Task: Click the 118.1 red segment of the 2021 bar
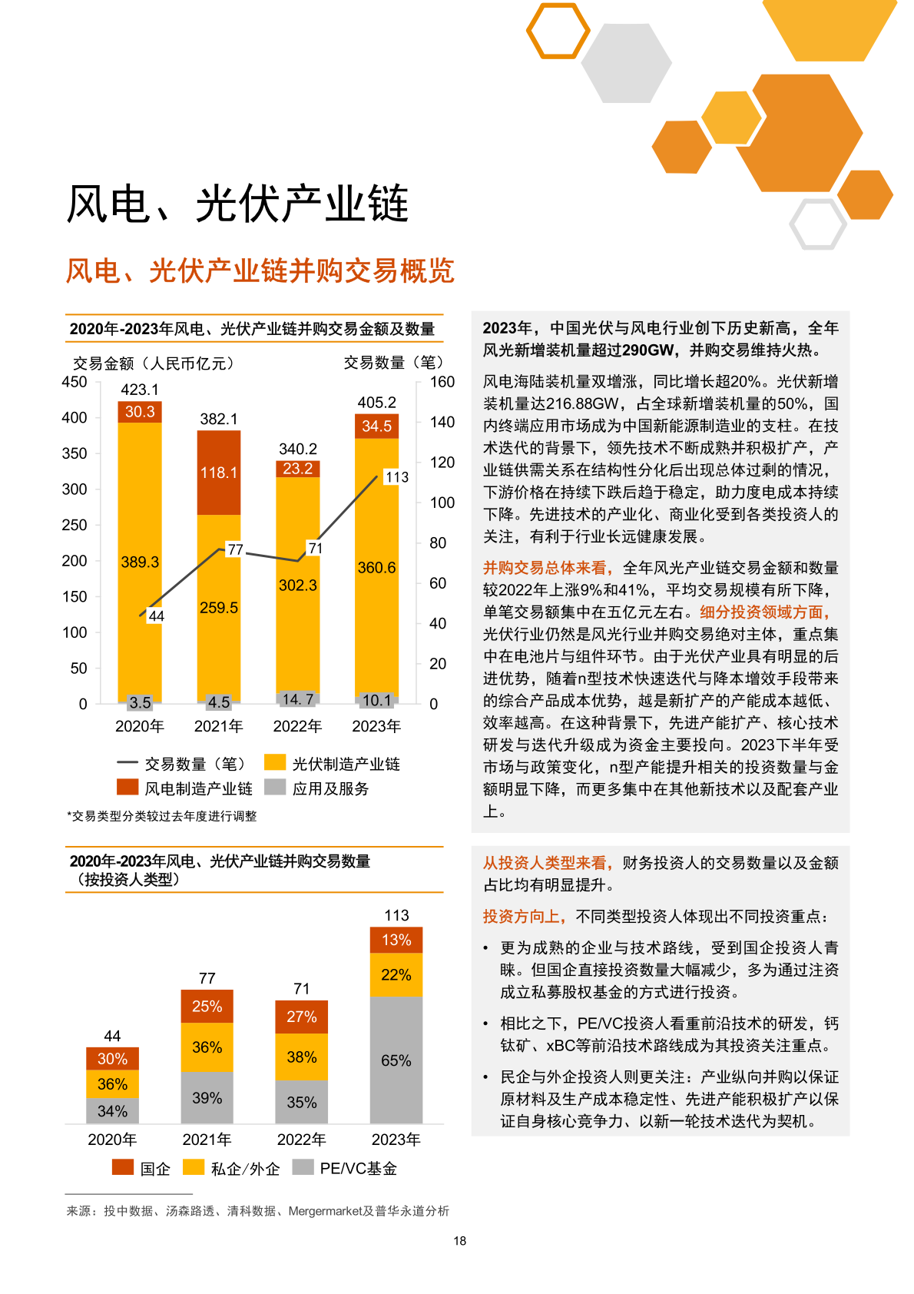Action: (x=219, y=473)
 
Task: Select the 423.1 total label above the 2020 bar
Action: (x=140, y=390)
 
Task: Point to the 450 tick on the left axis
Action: (x=75, y=382)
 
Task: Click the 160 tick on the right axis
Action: (x=442, y=382)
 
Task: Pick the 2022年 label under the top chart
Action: (x=297, y=726)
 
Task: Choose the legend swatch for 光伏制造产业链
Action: (x=275, y=762)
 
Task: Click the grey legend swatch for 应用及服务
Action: (x=275, y=787)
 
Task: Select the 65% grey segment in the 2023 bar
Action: (x=396, y=1060)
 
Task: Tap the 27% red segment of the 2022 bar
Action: (x=301, y=1017)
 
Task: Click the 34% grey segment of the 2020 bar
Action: (x=112, y=1111)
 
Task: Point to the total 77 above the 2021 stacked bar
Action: (x=207, y=978)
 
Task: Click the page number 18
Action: (x=460, y=1240)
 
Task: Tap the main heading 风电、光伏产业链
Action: (x=237, y=204)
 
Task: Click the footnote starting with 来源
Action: (x=257, y=1211)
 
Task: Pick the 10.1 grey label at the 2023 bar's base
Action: (x=376, y=700)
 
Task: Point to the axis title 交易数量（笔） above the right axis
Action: (x=393, y=363)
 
